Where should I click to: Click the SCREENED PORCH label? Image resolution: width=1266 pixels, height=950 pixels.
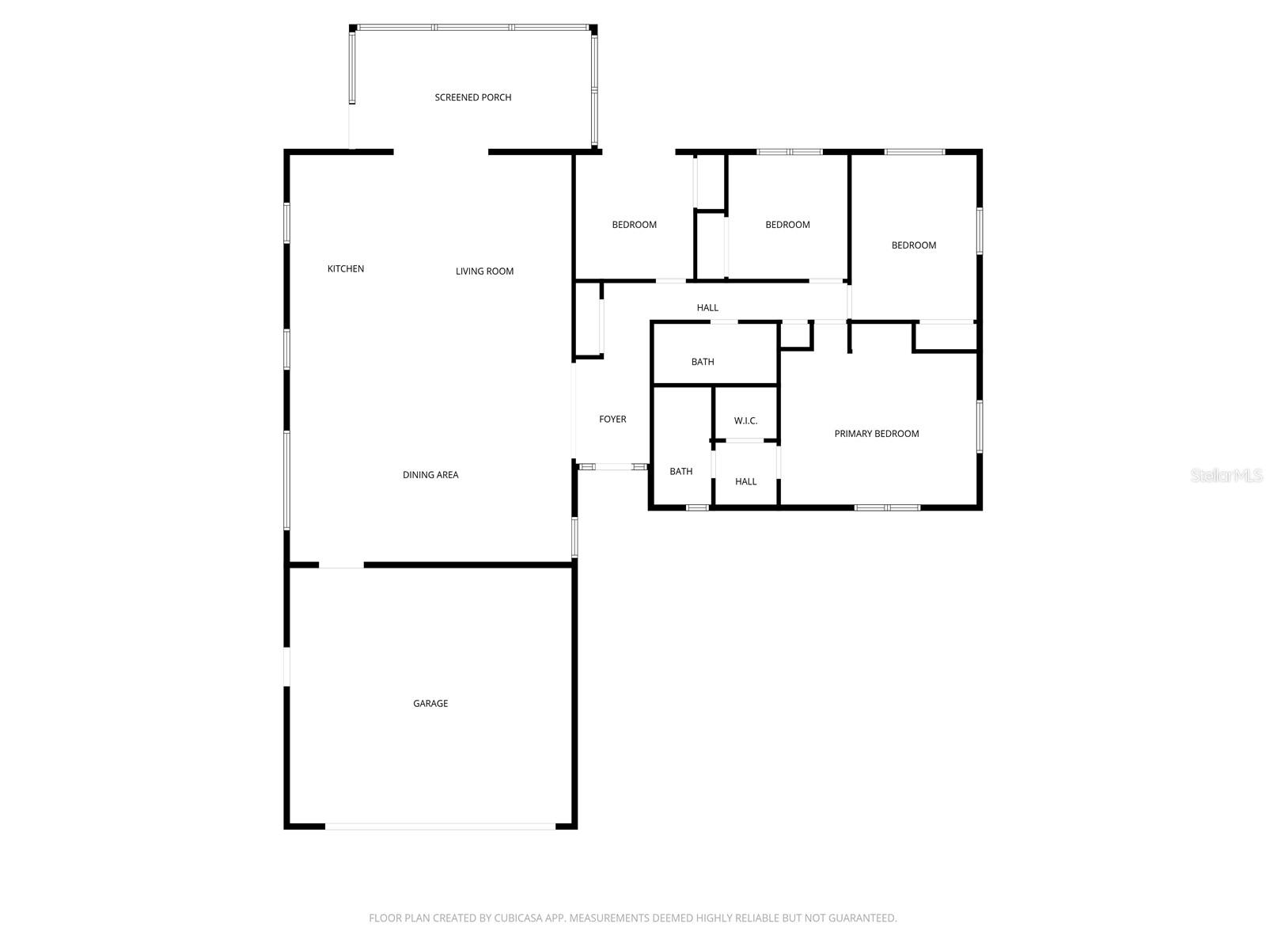click(473, 97)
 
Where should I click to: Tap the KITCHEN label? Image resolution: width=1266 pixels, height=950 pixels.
click(346, 269)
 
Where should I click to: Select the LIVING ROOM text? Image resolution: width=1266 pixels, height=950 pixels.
click(484, 272)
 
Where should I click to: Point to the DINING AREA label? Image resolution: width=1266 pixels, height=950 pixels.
click(430, 475)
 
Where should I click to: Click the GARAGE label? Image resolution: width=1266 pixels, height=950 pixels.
click(430, 704)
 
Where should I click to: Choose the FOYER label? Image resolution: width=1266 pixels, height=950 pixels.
click(612, 420)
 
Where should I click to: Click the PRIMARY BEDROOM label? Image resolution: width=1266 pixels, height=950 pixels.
click(877, 434)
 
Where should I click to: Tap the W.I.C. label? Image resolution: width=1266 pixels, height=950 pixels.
click(745, 421)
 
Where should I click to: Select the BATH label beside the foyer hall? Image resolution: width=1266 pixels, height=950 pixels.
click(703, 362)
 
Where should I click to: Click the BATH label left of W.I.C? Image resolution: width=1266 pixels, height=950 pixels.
click(681, 472)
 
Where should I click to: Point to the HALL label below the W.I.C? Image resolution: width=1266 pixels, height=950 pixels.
click(745, 481)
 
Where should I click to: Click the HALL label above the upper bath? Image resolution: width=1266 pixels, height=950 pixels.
click(707, 308)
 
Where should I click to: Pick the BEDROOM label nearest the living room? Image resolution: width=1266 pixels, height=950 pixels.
click(634, 225)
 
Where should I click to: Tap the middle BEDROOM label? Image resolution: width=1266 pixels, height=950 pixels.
click(787, 225)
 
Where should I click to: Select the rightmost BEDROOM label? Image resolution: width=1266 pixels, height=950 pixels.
click(914, 245)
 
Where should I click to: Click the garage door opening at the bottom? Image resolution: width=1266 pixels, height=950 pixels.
click(441, 826)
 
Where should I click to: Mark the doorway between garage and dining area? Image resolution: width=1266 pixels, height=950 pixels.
click(341, 565)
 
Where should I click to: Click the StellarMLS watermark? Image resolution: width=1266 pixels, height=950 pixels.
click(1226, 475)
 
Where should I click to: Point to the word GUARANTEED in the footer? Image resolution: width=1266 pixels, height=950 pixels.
click(861, 918)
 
